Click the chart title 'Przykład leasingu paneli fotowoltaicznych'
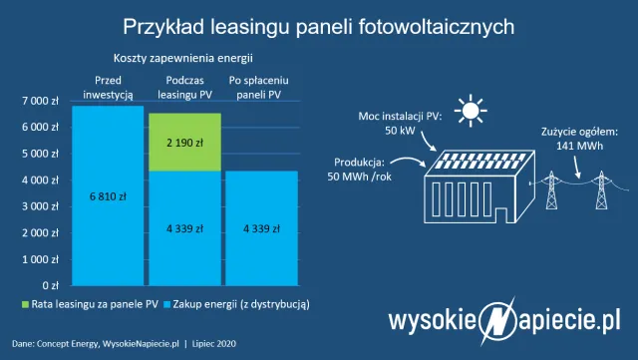[x=319, y=24]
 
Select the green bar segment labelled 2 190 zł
[x=185, y=142]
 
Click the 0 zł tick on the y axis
[x=52, y=285]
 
